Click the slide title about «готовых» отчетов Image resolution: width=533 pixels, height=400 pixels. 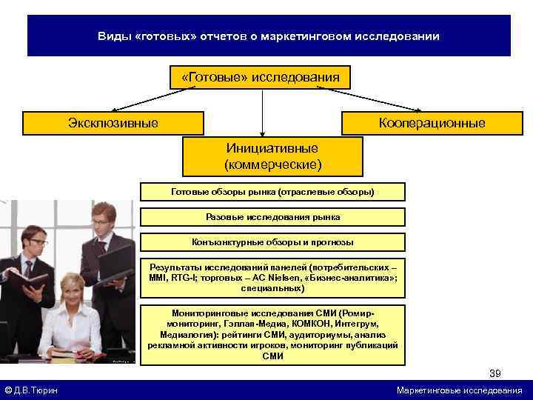(x=269, y=36)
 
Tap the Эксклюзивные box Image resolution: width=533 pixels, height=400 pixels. (x=113, y=123)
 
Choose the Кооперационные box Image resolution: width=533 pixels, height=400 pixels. (x=432, y=123)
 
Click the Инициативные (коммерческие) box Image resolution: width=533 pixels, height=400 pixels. (x=272, y=156)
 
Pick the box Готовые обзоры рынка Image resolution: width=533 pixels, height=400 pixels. (x=272, y=192)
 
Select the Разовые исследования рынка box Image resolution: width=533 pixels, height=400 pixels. (x=272, y=217)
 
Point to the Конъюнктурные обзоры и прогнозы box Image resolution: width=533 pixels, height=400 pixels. (x=272, y=242)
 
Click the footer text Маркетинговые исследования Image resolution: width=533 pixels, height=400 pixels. (x=459, y=390)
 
